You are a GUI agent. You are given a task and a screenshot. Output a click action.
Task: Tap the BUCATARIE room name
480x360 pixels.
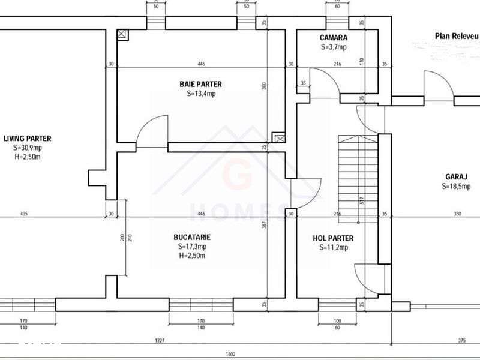pos(193,237)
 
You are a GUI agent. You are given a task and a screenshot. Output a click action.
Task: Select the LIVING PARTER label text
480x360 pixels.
pos(27,138)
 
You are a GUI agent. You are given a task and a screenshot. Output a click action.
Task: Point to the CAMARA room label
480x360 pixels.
pos(334,38)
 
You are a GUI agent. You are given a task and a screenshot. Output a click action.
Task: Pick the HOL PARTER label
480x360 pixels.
pos(333,238)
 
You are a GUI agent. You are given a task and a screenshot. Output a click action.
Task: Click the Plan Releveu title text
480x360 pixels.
pos(456,36)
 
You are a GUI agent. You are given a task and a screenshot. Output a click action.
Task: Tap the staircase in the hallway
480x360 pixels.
pos(358,174)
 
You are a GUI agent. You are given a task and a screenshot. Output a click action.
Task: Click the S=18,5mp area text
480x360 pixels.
pos(456,187)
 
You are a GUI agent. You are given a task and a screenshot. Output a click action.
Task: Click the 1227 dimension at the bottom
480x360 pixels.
pos(160,341)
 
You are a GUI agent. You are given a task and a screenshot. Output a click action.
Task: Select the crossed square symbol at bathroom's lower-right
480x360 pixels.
pos(278,137)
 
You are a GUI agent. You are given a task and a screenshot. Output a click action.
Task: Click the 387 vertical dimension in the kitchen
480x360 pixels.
pos(264,225)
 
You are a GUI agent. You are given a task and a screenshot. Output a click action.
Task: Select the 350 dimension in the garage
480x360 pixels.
pos(458,214)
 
